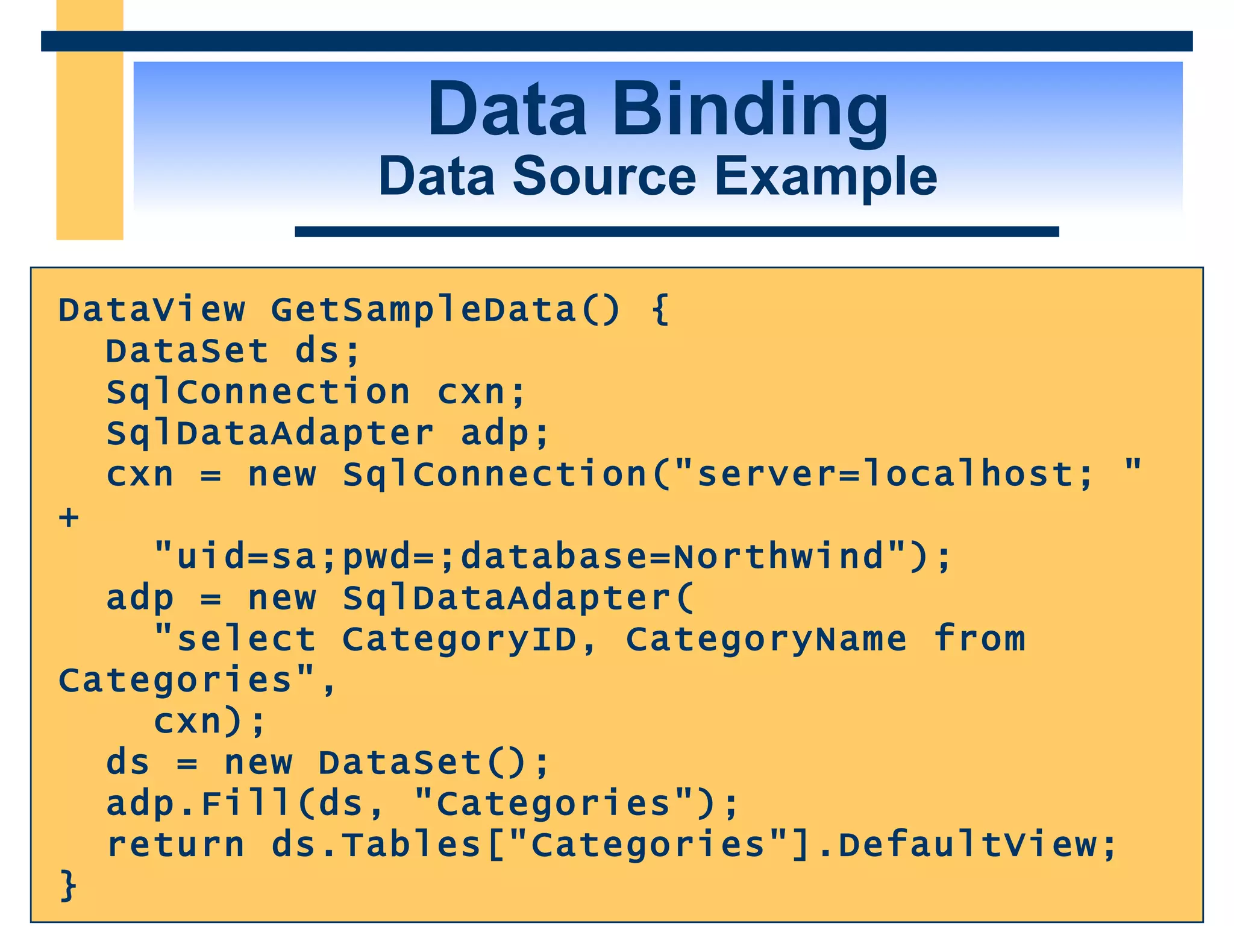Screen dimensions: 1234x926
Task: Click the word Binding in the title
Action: point(750,112)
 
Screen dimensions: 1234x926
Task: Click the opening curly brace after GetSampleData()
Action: point(660,310)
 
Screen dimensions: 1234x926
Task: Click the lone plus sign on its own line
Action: point(69,517)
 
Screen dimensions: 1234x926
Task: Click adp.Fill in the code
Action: point(199,803)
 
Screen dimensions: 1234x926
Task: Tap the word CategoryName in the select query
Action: point(766,639)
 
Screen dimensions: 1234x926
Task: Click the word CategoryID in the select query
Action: point(459,639)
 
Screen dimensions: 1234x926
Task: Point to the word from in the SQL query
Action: point(979,639)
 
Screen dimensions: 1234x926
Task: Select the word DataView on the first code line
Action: point(151,310)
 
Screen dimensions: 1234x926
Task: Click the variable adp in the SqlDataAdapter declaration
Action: point(494,433)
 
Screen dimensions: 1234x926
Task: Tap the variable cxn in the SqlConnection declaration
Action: point(471,392)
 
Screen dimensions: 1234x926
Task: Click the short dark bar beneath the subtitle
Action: point(676,231)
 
